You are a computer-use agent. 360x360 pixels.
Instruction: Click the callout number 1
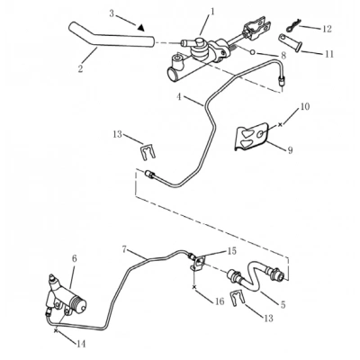pos(212,12)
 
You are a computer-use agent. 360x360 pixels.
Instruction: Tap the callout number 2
pos(80,68)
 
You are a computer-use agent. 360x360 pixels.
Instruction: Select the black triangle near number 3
pos(141,27)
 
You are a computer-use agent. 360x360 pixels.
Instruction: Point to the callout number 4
pos(179,97)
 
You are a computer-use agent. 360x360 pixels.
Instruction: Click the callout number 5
pos(283,304)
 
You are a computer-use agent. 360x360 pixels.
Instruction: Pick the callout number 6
pos(75,258)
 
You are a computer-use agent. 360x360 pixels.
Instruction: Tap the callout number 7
pos(124,248)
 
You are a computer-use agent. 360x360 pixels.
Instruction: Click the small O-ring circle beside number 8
pos(252,52)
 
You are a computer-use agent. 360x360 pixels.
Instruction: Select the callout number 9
pos(290,150)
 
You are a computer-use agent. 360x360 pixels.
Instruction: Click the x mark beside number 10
pos(281,124)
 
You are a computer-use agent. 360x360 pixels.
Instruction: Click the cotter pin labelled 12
pos(292,26)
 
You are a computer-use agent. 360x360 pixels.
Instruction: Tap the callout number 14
pos(81,344)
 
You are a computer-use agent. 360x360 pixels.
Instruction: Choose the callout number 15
pos(231,251)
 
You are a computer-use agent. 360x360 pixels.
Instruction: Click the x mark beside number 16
pos(194,287)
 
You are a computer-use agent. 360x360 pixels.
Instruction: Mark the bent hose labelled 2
pos(112,38)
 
